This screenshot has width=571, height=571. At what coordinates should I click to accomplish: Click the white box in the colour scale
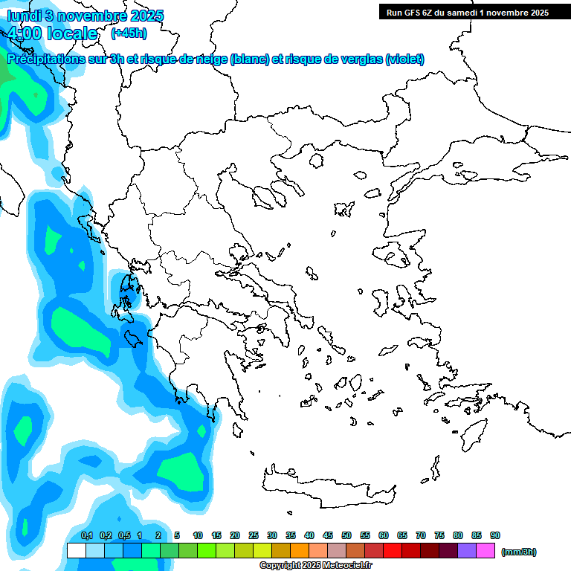tap(76, 550)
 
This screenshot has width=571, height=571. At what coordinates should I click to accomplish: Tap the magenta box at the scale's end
tap(485, 550)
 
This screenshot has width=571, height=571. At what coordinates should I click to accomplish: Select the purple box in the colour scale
tap(467, 550)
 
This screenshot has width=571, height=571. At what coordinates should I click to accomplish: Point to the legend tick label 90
tap(495, 535)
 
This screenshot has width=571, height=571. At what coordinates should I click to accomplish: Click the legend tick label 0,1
tap(87, 535)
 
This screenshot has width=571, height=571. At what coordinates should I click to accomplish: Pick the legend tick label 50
tap(346, 535)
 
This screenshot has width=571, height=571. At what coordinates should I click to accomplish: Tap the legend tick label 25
tap(254, 535)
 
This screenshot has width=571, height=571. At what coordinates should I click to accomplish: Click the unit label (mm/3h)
tap(518, 552)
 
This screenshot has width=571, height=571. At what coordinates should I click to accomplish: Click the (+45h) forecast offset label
tap(129, 33)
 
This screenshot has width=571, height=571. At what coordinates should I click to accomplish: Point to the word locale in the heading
tap(71, 33)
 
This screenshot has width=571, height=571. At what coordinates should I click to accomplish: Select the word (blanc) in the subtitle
tap(248, 59)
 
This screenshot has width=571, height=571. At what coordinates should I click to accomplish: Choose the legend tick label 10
tap(198, 535)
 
